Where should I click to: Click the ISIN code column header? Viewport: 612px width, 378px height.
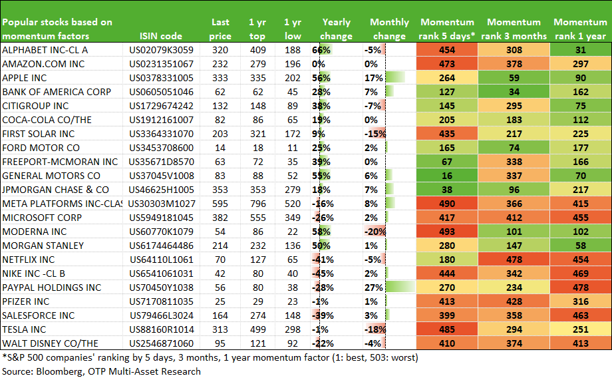tap(161, 37)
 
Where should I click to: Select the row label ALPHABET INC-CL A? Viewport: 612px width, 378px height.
tap(45, 50)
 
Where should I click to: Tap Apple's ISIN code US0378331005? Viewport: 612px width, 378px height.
tap(161, 78)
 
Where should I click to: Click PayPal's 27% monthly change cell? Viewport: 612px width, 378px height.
tap(374, 287)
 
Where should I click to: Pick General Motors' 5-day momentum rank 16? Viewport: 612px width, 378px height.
tap(447, 176)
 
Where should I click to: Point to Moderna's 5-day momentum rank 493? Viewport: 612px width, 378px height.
tap(447, 232)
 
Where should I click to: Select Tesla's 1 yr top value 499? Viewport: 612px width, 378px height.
tap(257, 329)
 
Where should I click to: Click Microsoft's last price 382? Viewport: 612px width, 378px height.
tap(220, 218)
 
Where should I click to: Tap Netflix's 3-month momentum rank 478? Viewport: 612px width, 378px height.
tap(514, 260)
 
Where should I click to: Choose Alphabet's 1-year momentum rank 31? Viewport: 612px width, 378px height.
tap(580, 50)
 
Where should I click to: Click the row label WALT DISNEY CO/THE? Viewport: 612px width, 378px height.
tap(50, 343)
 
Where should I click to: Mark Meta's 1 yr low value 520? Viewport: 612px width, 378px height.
tap(292, 204)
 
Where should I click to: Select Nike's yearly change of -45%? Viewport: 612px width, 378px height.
tap(323, 274)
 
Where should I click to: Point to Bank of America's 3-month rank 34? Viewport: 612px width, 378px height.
tap(514, 92)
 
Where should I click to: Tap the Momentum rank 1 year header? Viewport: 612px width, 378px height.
tap(580, 29)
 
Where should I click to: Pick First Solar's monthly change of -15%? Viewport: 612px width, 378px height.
tap(375, 134)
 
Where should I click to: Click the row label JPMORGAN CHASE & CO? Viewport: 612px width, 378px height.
tap(55, 190)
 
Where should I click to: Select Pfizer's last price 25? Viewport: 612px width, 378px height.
tap(220, 302)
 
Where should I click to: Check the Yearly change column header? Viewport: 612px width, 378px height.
tap(336, 29)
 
